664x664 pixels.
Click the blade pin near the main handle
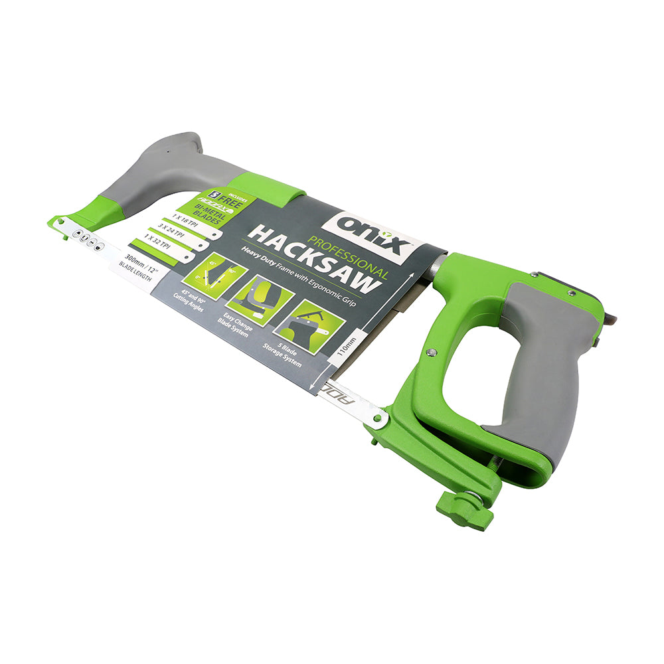[x=376, y=419]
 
